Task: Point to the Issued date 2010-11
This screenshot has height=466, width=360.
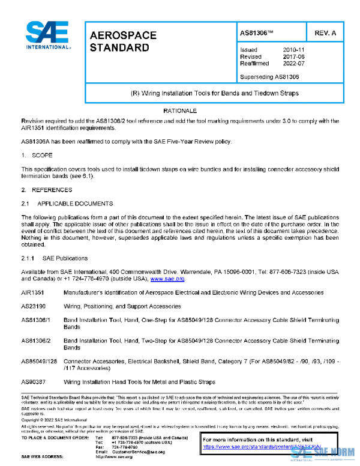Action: [x=293, y=50]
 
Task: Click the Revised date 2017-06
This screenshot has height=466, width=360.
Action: [x=293, y=56]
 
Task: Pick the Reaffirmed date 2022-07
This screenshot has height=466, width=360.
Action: [x=293, y=63]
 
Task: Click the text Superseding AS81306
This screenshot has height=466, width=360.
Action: [x=269, y=77]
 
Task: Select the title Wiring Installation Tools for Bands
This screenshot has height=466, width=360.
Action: [x=214, y=94]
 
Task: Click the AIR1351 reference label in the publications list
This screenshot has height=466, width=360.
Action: [x=33, y=293]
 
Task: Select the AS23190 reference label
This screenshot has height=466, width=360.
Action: [x=34, y=306]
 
